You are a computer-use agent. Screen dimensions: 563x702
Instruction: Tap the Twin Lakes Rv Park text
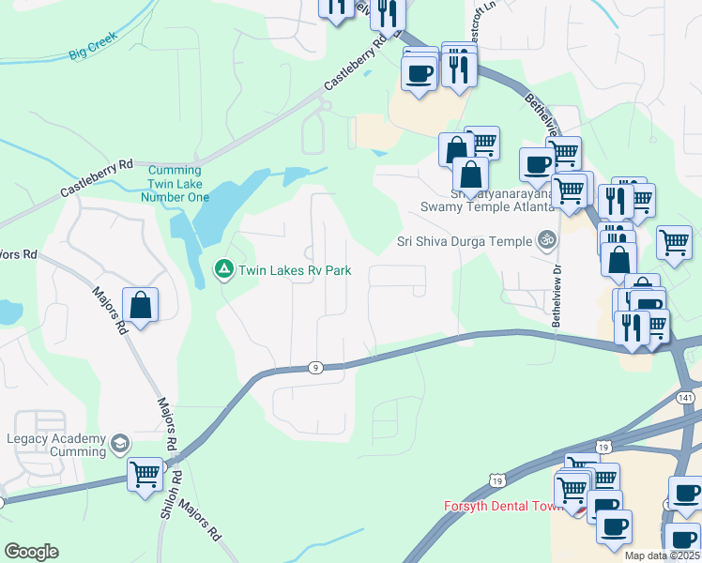pyautogui.click(x=294, y=270)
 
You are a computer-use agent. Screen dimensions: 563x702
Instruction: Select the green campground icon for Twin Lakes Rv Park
pyautogui.click(x=223, y=270)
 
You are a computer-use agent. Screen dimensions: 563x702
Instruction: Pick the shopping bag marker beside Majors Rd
pyautogui.click(x=140, y=305)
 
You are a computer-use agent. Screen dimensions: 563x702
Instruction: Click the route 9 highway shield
pyautogui.click(x=316, y=368)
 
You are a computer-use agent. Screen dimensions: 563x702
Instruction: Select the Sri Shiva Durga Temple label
pyautogui.click(x=464, y=240)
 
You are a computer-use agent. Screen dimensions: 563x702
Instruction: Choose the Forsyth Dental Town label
pyautogui.click(x=502, y=506)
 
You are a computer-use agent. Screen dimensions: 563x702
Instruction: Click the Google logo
pyautogui.click(x=31, y=552)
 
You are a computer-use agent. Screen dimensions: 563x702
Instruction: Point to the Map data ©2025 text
pyautogui.click(x=662, y=555)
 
